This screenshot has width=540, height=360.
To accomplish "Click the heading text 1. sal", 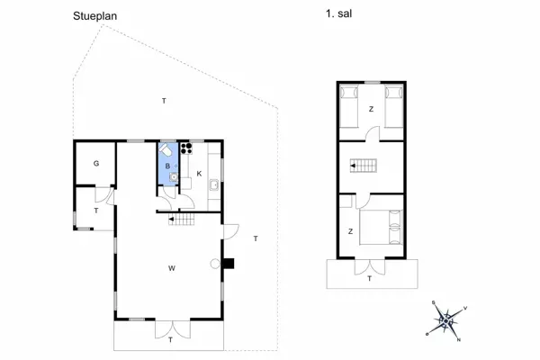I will tap(337, 15).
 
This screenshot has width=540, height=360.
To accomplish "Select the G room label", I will tap(95, 163).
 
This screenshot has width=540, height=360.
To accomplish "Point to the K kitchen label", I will tap(198, 173).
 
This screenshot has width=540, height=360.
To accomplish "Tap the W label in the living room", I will tap(170, 267).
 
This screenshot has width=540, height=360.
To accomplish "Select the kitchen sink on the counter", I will tap(213, 185).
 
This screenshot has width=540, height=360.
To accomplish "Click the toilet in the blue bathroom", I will tap(166, 150).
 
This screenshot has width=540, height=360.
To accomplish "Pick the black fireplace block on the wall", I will tap(229, 264).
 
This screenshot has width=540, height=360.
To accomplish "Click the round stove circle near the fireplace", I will tap(215, 264).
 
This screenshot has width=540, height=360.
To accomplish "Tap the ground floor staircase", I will tap(184, 218).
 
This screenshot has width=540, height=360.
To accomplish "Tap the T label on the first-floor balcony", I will tap(369, 279).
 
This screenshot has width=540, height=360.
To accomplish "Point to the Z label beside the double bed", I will tap(350, 231).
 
